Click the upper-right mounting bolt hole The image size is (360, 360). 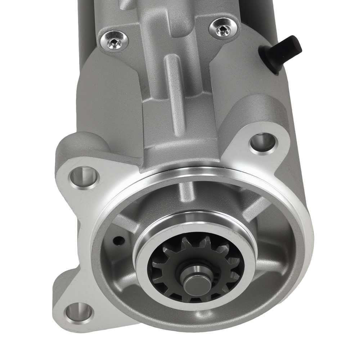(263, 143)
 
